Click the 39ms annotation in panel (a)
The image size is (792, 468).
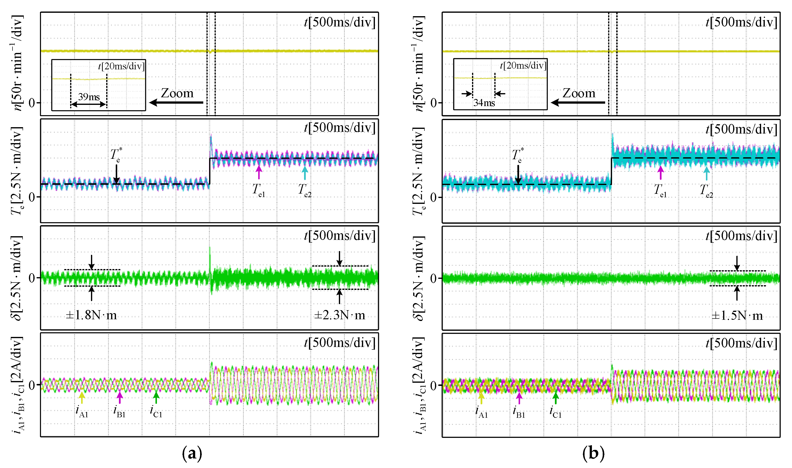89,97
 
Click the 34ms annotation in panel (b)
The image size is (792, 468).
484,103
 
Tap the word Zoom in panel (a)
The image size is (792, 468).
177,93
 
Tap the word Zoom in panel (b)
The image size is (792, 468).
579,93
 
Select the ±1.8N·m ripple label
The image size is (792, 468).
91,315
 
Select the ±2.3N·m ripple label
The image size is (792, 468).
340,315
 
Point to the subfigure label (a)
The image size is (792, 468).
192,454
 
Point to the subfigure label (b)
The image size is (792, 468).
593,454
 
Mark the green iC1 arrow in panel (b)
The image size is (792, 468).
556,398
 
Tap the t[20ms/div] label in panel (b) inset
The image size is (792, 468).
523,66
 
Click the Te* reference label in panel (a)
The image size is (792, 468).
116,155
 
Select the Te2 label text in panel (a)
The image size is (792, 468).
305,190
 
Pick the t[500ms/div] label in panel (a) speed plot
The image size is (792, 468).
340,22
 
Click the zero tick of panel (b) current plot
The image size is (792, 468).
434,385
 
